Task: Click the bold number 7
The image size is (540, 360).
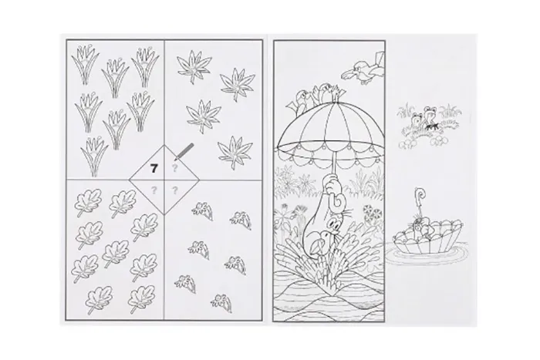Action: tap(154, 168)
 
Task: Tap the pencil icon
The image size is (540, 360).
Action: tap(184, 152)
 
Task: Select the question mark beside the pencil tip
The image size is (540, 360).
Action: tap(175, 168)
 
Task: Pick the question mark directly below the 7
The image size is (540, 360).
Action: tap(154, 190)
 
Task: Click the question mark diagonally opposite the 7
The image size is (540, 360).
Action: tap(175, 190)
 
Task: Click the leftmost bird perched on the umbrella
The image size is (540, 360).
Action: tap(302, 102)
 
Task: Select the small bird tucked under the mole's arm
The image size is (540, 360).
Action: tap(318, 242)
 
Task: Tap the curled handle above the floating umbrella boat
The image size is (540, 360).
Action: tap(420, 195)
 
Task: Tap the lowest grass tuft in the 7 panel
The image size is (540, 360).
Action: tap(93, 156)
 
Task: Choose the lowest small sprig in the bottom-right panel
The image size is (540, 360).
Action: tap(221, 301)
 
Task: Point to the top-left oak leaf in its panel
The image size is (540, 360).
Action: tap(87, 203)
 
